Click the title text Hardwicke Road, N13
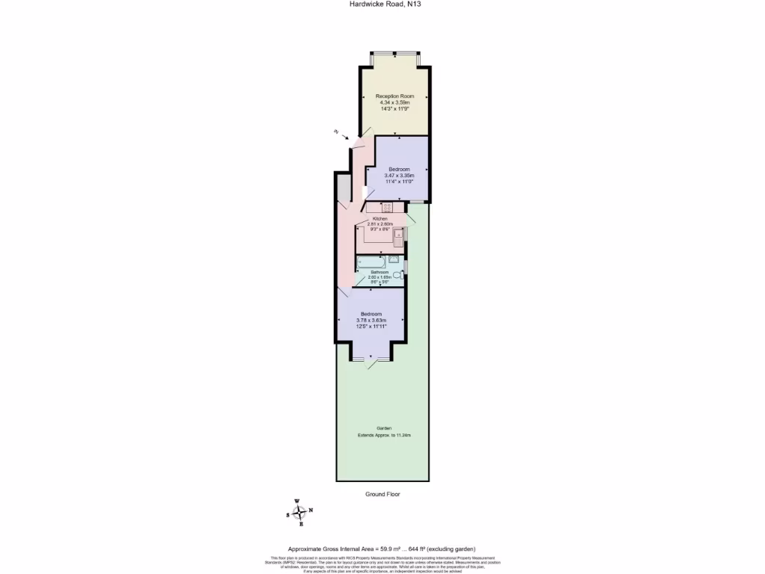coord(382,4)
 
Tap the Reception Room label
coord(394,96)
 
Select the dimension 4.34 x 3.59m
coord(394,102)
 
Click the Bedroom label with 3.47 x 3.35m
coord(399,170)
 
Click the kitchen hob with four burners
coord(387,207)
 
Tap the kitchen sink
coord(399,237)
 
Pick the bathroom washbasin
coord(394,259)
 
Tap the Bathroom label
coord(380,272)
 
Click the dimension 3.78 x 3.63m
coord(371,320)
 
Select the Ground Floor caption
coord(382,495)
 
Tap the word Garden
coord(383,428)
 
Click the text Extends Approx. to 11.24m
coord(383,435)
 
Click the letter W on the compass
coord(297,502)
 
